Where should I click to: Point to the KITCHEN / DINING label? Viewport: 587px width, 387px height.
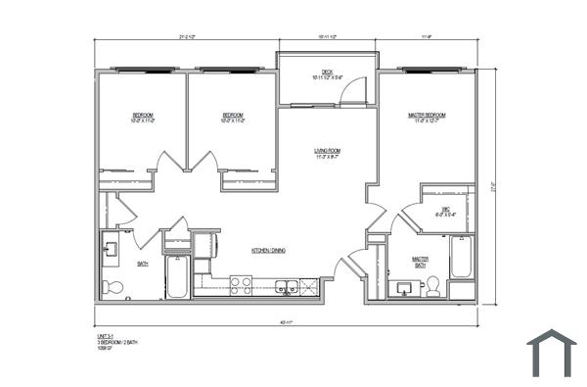click(x=268, y=251)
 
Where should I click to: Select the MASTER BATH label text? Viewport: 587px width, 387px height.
click(x=419, y=262)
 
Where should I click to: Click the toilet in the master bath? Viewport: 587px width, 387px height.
click(x=431, y=285)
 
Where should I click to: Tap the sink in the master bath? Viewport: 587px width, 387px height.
click(x=400, y=287)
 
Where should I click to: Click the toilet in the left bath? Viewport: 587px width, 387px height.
click(x=113, y=287)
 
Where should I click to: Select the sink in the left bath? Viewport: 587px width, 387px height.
click(x=110, y=249)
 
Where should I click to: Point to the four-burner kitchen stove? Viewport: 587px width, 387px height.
click(x=240, y=284)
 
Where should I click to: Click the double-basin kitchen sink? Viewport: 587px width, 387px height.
click(x=287, y=286)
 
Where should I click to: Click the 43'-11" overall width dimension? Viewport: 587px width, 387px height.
click(x=287, y=322)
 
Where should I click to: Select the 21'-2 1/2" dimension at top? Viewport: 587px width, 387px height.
click(x=188, y=37)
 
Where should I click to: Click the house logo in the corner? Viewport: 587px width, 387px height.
click(x=552, y=353)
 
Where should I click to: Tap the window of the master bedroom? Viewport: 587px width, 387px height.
click(x=429, y=71)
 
